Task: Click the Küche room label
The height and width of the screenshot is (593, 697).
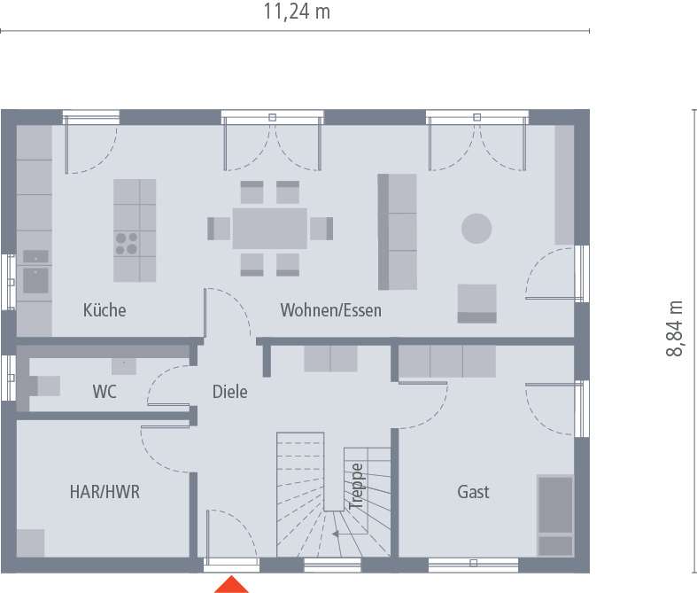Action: [105, 310]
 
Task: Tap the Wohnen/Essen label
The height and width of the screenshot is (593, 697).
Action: [330, 310]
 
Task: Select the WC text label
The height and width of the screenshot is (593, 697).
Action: [105, 391]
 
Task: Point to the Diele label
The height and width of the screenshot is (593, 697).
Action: [229, 391]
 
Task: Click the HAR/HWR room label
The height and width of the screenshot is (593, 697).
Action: [105, 492]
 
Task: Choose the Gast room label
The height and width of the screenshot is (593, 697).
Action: [473, 492]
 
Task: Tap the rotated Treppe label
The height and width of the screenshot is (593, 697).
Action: [356, 485]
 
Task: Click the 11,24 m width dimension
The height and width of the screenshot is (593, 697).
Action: [297, 12]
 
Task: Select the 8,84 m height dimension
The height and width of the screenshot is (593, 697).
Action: [676, 329]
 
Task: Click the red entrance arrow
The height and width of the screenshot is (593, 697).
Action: [232, 584]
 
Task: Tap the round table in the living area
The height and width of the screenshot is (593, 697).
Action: [476, 228]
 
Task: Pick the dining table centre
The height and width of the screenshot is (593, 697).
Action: [270, 228]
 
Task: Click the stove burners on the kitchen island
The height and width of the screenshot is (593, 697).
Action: [126, 243]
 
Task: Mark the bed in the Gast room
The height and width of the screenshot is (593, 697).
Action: [555, 516]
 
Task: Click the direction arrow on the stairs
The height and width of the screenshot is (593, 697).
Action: [337, 534]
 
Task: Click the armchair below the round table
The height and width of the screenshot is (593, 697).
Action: [476, 303]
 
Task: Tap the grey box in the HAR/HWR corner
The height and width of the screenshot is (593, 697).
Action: [30, 542]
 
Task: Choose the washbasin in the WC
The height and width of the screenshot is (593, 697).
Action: [123, 365]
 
